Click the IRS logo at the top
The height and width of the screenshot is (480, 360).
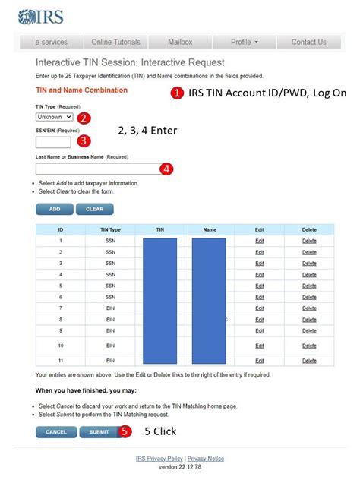click(x=41, y=16)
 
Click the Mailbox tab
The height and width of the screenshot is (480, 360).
click(x=179, y=42)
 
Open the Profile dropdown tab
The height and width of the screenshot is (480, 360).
click(x=245, y=42)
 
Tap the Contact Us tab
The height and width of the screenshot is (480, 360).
click(x=308, y=42)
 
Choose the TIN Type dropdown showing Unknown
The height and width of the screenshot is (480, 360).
click(x=55, y=117)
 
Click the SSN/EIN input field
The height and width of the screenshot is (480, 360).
click(x=53, y=142)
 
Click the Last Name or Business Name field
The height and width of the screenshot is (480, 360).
click(x=97, y=169)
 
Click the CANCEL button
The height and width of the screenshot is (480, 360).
click(x=56, y=431)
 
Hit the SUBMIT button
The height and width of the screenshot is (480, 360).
click(x=99, y=431)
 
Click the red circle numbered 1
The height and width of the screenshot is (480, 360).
click(x=176, y=93)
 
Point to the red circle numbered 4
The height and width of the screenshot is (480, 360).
click(x=167, y=169)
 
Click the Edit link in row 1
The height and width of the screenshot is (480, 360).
click(x=260, y=241)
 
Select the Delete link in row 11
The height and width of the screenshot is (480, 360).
click(x=309, y=360)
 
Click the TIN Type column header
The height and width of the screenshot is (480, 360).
click(x=110, y=229)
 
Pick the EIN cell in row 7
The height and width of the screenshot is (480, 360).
click(x=110, y=308)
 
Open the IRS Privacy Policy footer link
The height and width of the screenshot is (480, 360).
click(x=159, y=459)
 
